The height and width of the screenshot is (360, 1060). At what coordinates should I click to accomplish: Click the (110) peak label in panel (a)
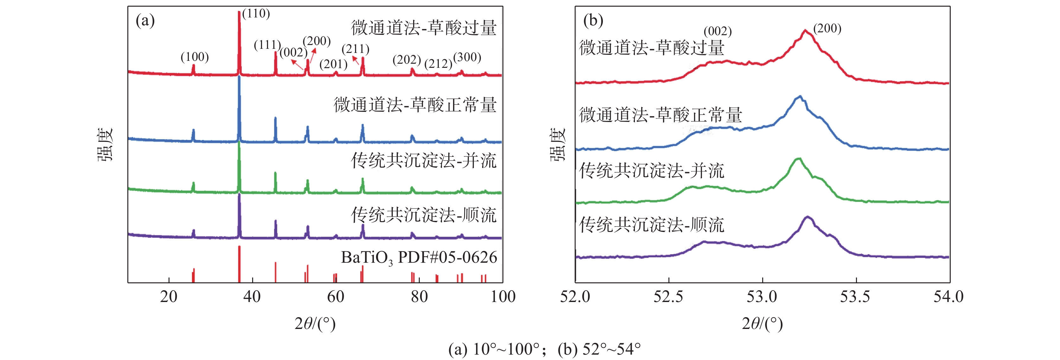click(x=256, y=14)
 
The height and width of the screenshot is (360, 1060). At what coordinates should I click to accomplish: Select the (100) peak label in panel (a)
click(x=195, y=57)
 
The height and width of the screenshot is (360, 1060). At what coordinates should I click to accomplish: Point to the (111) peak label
click(x=267, y=45)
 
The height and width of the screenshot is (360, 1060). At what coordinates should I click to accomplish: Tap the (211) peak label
click(x=355, y=49)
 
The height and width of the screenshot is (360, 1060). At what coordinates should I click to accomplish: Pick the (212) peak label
click(x=438, y=64)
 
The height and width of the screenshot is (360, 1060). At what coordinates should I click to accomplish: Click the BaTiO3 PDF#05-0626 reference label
click(x=419, y=258)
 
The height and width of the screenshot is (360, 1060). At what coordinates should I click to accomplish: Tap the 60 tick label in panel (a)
click(x=336, y=297)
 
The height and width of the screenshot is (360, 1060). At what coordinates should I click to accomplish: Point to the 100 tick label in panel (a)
click(x=503, y=297)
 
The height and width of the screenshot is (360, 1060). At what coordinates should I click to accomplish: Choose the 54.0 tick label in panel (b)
click(x=948, y=297)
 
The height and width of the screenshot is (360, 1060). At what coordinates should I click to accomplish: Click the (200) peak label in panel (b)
click(x=827, y=29)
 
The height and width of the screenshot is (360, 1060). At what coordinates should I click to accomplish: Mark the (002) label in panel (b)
click(x=718, y=31)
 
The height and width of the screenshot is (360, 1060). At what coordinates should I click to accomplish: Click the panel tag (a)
click(x=145, y=20)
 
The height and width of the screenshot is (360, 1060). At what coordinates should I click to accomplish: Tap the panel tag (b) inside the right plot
click(x=593, y=20)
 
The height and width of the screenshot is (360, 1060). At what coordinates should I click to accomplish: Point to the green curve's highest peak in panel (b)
click(x=799, y=158)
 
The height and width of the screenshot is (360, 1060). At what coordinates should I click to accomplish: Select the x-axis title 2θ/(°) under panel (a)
click(x=315, y=324)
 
